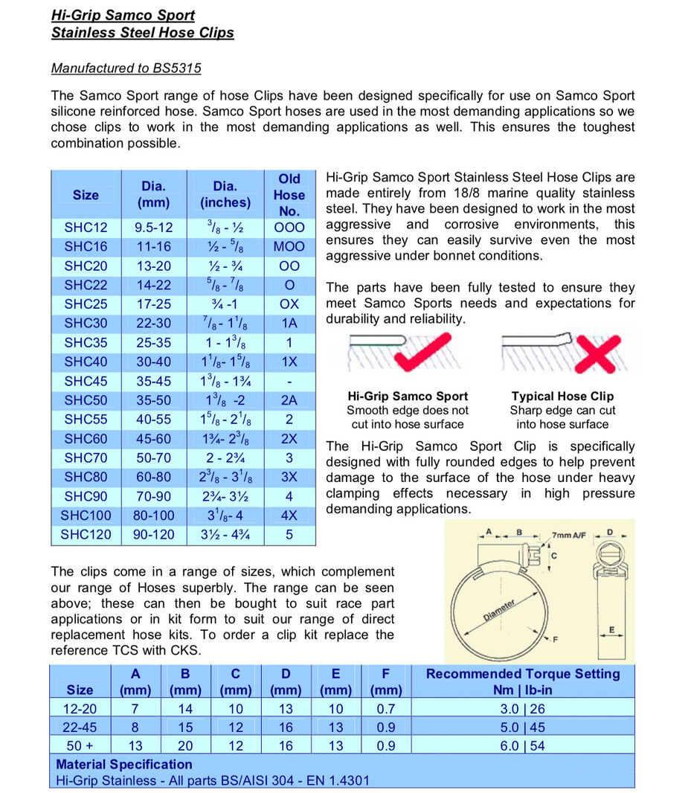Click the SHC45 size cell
tap(86, 381)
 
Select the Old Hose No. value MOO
tap(289, 246)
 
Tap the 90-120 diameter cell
tap(153, 534)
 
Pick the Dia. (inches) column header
tap(225, 194)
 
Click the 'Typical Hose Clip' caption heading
tap(562, 396)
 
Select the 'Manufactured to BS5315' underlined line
tap(126, 68)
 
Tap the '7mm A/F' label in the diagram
tap(568, 535)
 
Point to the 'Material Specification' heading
tap(124, 764)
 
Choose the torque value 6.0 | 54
tap(522, 745)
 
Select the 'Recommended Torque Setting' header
tap(522, 674)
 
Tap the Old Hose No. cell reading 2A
tap(289, 400)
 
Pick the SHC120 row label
tap(86, 534)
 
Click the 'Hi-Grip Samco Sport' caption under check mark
tap(408, 396)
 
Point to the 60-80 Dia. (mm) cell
tap(153, 477)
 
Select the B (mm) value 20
tap(185, 745)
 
